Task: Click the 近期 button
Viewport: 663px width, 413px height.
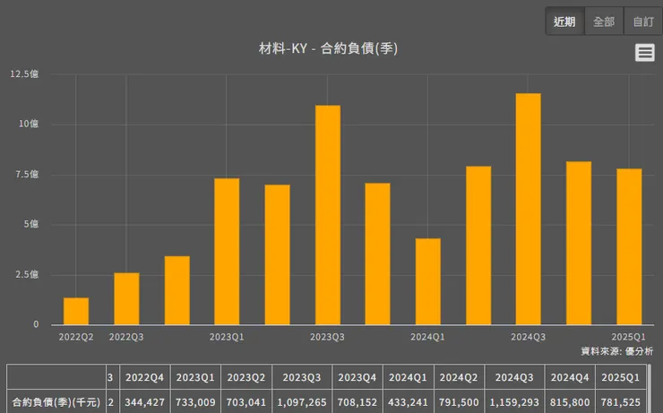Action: (x=564, y=22)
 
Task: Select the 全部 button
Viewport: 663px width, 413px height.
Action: (x=604, y=22)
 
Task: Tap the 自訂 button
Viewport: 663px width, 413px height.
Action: (x=642, y=22)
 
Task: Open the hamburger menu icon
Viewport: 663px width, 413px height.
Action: (x=644, y=53)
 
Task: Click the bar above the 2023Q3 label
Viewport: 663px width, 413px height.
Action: (x=328, y=215)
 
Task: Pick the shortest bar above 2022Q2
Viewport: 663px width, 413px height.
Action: (x=76, y=311)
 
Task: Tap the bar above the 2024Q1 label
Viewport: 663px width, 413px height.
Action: (x=428, y=281)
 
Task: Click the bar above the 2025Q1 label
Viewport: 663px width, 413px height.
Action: (x=629, y=246)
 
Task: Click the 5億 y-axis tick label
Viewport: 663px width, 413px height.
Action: (x=32, y=224)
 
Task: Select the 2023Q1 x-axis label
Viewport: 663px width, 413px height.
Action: (x=227, y=337)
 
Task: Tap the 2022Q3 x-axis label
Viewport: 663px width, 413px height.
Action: (x=126, y=337)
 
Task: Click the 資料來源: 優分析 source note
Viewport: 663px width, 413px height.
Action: (x=617, y=351)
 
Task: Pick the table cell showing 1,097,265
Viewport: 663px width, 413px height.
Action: (x=306, y=402)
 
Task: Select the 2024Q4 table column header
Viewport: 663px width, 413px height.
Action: (x=570, y=377)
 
